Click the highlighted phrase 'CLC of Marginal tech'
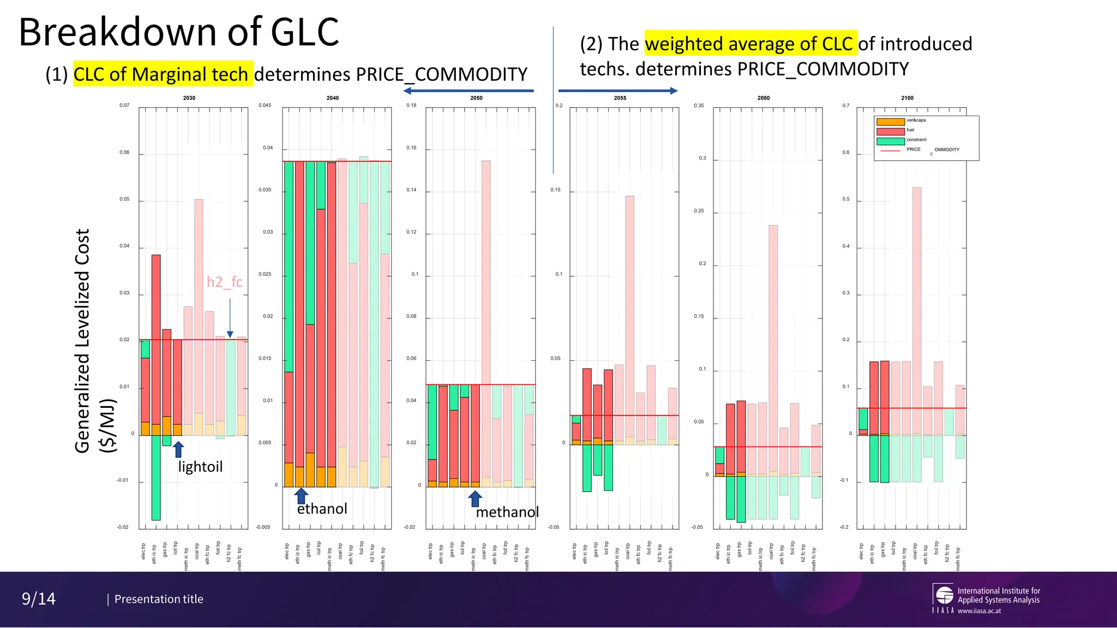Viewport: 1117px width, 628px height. click(163, 74)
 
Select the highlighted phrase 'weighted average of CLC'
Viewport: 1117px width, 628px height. click(750, 44)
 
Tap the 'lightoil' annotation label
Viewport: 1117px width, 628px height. click(200, 467)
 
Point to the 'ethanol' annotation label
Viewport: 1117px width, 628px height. click(322, 509)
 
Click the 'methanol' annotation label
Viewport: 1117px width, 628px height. click(507, 512)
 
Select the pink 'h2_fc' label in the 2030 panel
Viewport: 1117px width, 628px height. click(224, 282)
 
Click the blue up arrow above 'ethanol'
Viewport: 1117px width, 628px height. click(301, 496)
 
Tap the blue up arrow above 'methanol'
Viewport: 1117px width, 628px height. click(475, 498)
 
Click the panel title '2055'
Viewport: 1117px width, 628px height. click(620, 98)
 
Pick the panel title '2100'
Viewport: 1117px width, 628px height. click(907, 98)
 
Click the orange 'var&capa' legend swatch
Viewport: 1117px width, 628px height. click(890, 122)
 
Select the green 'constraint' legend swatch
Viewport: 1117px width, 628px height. click(890, 141)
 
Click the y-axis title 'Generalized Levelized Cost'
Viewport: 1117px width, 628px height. click(82, 340)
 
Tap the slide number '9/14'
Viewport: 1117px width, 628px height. click(39, 599)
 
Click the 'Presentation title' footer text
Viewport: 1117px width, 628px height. click(159, 599)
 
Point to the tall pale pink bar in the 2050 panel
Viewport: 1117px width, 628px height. click(485, 273)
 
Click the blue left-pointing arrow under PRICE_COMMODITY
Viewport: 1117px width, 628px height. click(469, 91)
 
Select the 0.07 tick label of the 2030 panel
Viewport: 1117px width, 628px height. click(124, 105)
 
